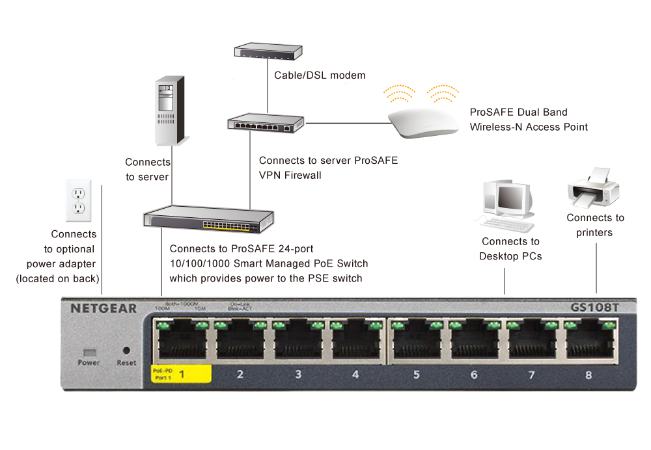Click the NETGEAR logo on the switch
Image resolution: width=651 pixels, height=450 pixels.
pyautogui.click(x=104, y=308)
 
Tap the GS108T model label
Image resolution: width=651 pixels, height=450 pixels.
pyautogui.click(x=594, y=308)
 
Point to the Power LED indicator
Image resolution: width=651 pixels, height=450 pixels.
pyautogui.click(x=89, y=351)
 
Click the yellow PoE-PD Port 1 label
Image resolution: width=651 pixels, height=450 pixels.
pyautogui.click(x=181, y=374)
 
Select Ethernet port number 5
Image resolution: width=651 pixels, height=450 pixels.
pyautogui.click(x=416, y=341)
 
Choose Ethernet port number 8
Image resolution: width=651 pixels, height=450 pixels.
pyautogui.click(x=589, y=341)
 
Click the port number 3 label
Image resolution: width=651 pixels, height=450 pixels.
pyautogui.click(x=298, y=375)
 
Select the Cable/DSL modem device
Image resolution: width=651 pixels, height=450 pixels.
pyautogui.click(x=268, y=51)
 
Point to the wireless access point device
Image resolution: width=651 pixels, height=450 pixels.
pyautogui.click(x=421, y=122)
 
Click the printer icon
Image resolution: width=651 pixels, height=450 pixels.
pyautogui.click(x=592, y=187)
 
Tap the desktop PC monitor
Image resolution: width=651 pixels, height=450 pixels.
pyautogui.click(x=509, y=198)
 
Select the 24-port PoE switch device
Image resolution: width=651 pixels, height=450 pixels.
pyautogui.click(x=208, y=220)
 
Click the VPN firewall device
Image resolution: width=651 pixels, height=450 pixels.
pyautogui.click(x=266, y=122)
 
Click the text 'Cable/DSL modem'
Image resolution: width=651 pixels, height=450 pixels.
pyautogui.click(x=320, y=75)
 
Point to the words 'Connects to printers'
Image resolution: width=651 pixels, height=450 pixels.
pyautogui.click(x=594, y=225)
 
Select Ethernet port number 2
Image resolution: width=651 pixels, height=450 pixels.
pyautogui.click(x=240, y=341)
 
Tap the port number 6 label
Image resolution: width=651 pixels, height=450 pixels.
pyautogui.click(x=473, y=375)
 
